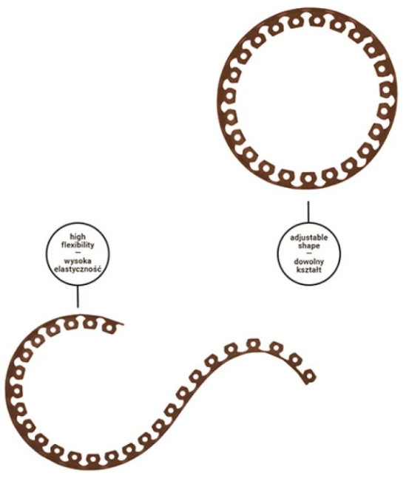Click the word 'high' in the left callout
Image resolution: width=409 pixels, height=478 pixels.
(x=78, y=237)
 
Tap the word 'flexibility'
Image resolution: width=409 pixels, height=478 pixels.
(x=78, y=245)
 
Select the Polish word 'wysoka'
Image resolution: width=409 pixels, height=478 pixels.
(x=78, y=262)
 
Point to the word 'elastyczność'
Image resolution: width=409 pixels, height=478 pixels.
(x=78, y=270)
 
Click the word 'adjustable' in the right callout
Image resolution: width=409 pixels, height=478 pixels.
(x=309, y=237)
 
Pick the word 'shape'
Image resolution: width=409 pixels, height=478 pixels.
(x=309, y=246)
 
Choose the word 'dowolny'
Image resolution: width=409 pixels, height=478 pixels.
(x=309, y=262)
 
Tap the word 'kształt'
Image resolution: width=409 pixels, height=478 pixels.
(x=309, y=270)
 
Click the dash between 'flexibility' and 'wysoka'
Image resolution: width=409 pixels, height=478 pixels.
(x=78, y=253)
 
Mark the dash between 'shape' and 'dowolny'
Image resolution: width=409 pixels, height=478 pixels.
(x=309, y=253)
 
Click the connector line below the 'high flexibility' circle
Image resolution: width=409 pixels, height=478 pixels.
(x=78, y=296)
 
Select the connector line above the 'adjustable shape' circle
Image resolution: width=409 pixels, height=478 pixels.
(x=308, y=212)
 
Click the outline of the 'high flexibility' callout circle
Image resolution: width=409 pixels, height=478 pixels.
(x=47, y=253)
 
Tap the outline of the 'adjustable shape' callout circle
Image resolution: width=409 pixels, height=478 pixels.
(x=277, y=254)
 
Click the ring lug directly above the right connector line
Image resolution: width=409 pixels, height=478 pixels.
(x=308, y=178)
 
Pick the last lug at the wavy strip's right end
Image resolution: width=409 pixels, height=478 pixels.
(x=309, y=376)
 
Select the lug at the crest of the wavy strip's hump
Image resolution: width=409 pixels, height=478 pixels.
(x=253, y=344)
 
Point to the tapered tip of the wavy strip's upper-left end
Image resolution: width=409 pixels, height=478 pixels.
(x=123, y=324)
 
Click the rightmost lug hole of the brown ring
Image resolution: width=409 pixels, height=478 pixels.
(x=386, y=90)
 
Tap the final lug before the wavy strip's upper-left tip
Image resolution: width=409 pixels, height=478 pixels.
(x=109, y=328)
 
